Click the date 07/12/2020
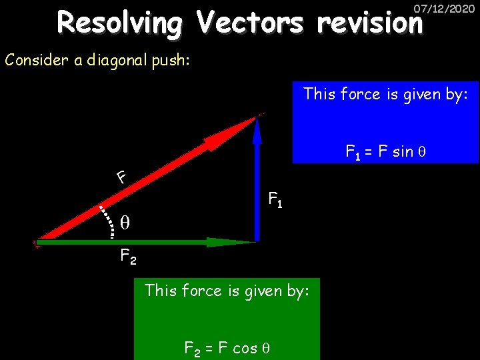coord(444,9)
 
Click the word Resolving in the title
coord(119,24)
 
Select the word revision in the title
coord(370,24)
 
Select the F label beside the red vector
coord(121,177)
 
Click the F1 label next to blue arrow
coord(275,199)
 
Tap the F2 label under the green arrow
coord(128,256)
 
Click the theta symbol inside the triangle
coord(125,222)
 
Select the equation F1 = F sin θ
coord(385,152)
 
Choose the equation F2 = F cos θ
coord(227,347)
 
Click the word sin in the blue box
coord(402,152)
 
